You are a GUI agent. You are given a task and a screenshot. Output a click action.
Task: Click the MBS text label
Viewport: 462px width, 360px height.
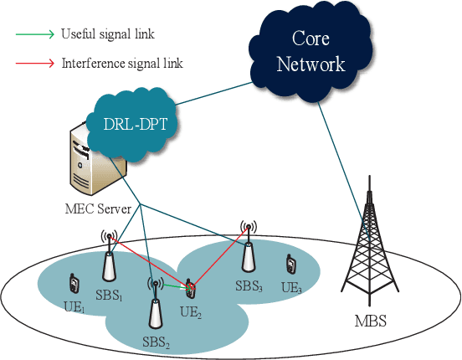[368, 320]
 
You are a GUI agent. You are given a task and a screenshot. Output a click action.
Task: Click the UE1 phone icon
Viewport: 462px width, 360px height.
[73, 283]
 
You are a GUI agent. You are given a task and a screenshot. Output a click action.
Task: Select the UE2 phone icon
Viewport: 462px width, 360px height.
[192, 290]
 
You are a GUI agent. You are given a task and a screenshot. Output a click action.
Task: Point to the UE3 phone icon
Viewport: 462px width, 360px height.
[291, 264]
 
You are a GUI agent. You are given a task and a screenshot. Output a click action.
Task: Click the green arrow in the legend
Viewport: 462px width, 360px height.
[34, 35]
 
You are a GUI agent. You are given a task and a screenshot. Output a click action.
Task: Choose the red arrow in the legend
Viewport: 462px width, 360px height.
[34, 63]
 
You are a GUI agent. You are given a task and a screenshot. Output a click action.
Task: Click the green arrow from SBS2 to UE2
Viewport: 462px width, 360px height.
[172, 287]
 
